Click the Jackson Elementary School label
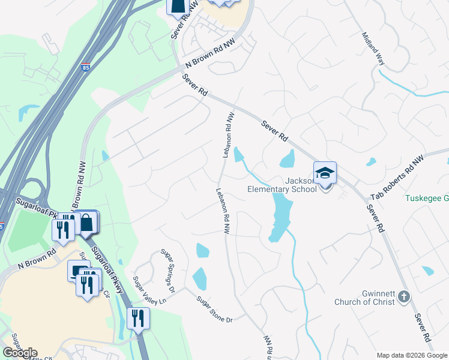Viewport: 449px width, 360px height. tap(282, 184)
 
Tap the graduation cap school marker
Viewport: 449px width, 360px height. tap(325, 173)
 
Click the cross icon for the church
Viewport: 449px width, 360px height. tap(405, 296)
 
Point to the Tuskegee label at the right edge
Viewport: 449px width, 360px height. tap(427, 198)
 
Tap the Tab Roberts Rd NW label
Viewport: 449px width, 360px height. tap(397, 176)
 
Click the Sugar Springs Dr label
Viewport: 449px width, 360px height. tap(167, 271)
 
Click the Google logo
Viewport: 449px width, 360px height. tap(20, 352)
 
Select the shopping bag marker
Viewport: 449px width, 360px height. tap(86, 223)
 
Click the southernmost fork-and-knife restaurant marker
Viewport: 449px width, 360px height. tap(139, 319)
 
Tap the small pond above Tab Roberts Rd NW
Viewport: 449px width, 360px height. tap(371, 161)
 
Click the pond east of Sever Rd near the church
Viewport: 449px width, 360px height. tap(427, 271)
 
